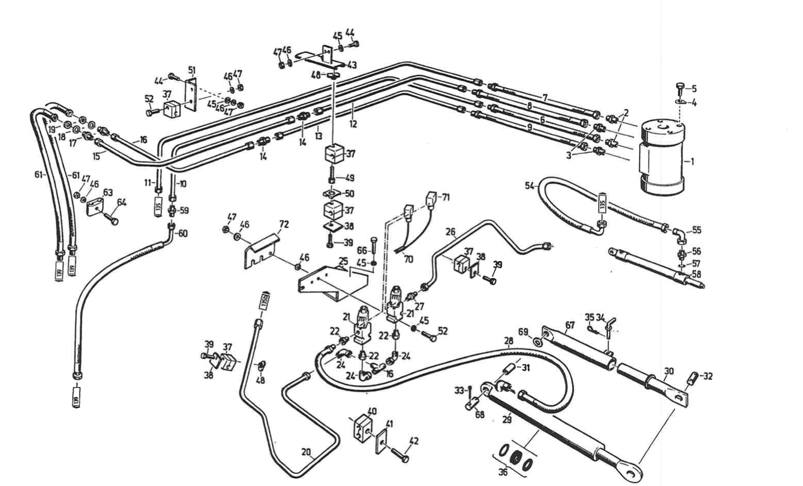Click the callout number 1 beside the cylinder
(692, 160)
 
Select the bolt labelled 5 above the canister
(681, 87)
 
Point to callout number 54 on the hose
(529, 185)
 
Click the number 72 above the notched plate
(284, 224)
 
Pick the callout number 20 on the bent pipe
(306, 452)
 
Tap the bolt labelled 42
(401, 454)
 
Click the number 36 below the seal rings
(502, 472)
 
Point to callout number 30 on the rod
(669, 371)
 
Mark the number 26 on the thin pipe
(451, 231)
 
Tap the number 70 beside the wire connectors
(408, 259)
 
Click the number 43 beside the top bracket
(352, 65)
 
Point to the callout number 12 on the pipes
(353, 124)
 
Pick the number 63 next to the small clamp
(108, 192)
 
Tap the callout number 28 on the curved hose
(508, 341)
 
